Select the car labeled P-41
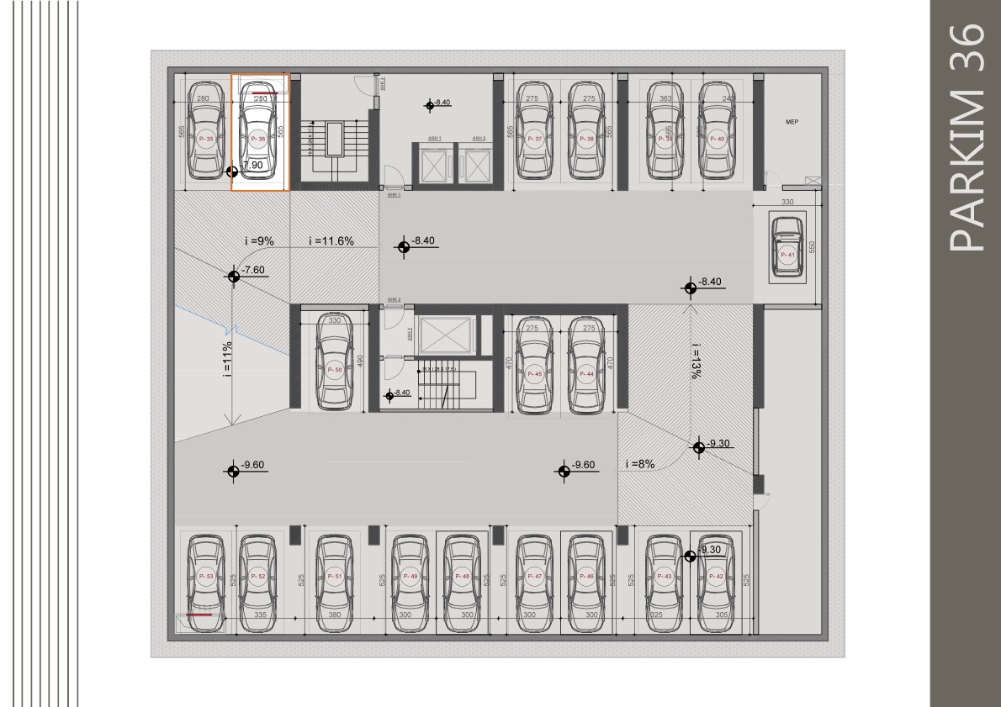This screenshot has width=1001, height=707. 787,249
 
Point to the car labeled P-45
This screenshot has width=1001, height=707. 533,367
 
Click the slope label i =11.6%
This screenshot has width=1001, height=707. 331,241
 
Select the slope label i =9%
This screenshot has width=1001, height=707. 259,241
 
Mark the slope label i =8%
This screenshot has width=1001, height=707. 640,464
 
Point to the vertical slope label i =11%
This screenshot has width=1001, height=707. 228,359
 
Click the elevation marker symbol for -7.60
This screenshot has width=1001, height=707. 233,276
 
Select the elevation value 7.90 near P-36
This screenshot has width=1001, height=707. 254,166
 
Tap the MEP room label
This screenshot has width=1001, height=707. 791,123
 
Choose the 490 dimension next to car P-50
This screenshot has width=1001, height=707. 359,361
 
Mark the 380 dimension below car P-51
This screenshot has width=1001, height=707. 334,615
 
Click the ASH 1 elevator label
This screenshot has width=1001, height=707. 435,139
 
